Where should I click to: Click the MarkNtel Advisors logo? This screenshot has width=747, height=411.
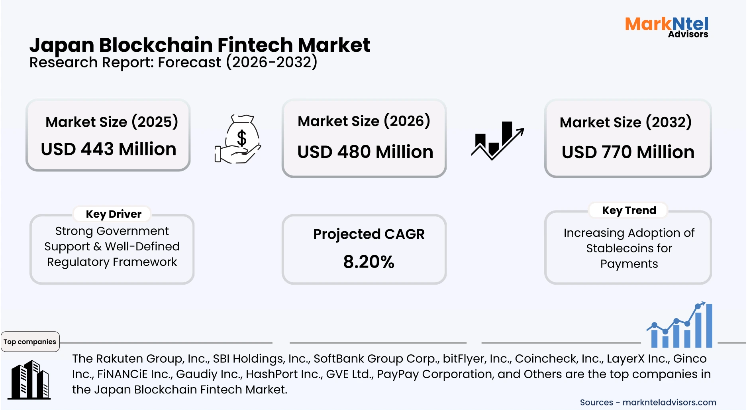pos(667,27)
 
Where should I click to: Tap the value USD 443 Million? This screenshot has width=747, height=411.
pos(108,149)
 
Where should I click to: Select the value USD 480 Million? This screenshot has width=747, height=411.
pos(365,152)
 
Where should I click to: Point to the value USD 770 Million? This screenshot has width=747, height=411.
pos(628,152)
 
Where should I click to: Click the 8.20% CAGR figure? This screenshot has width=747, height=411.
pos(369,262)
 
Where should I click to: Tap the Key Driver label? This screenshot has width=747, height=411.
pos(114,214)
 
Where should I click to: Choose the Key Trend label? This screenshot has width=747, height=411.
pos(629,210)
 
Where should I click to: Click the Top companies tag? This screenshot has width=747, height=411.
pos(30,342)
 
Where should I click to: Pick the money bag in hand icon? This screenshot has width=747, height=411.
pos(238,139)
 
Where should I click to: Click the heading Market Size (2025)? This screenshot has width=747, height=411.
pos(112,122)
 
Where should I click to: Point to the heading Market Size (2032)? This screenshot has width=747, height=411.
pos(625,122)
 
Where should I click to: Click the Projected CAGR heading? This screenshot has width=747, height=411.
pos(369,234)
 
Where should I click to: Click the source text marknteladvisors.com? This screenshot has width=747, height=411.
pos(669,402)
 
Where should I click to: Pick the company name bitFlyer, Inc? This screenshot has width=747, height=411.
pos(477,358)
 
